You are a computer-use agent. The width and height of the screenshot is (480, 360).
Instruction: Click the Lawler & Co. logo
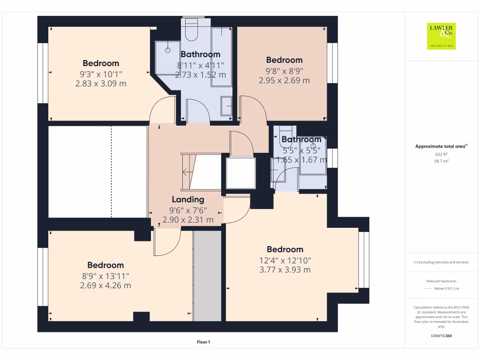[x=441, y=36]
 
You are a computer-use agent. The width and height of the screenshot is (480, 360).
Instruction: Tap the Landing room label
[x=188, y=199]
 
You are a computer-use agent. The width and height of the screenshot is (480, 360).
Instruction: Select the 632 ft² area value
[x=441, y=154]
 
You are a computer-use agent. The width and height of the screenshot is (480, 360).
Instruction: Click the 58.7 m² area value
[x=441, y=161]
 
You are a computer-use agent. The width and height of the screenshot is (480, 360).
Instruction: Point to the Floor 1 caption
[x=203, y=342]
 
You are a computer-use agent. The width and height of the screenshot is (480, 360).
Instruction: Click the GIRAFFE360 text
[x=441, y=336]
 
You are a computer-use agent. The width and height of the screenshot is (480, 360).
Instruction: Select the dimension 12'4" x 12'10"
[x=285, y=260]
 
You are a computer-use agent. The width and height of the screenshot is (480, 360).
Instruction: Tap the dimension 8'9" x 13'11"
[x=105, y=276]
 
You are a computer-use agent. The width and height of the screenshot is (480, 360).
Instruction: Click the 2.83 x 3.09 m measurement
[x=101, y=83]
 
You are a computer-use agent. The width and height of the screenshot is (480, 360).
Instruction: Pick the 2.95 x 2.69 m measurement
[x=284, y=80]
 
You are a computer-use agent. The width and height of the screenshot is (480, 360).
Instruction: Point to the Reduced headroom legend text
[x=441, y=281]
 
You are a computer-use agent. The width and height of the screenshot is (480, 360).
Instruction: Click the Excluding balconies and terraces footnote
[x=441, y=262]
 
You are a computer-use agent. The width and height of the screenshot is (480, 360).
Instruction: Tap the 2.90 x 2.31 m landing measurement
[x=188, y=219]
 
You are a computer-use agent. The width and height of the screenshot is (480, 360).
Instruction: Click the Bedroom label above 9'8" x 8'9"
[x=284, y=60]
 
